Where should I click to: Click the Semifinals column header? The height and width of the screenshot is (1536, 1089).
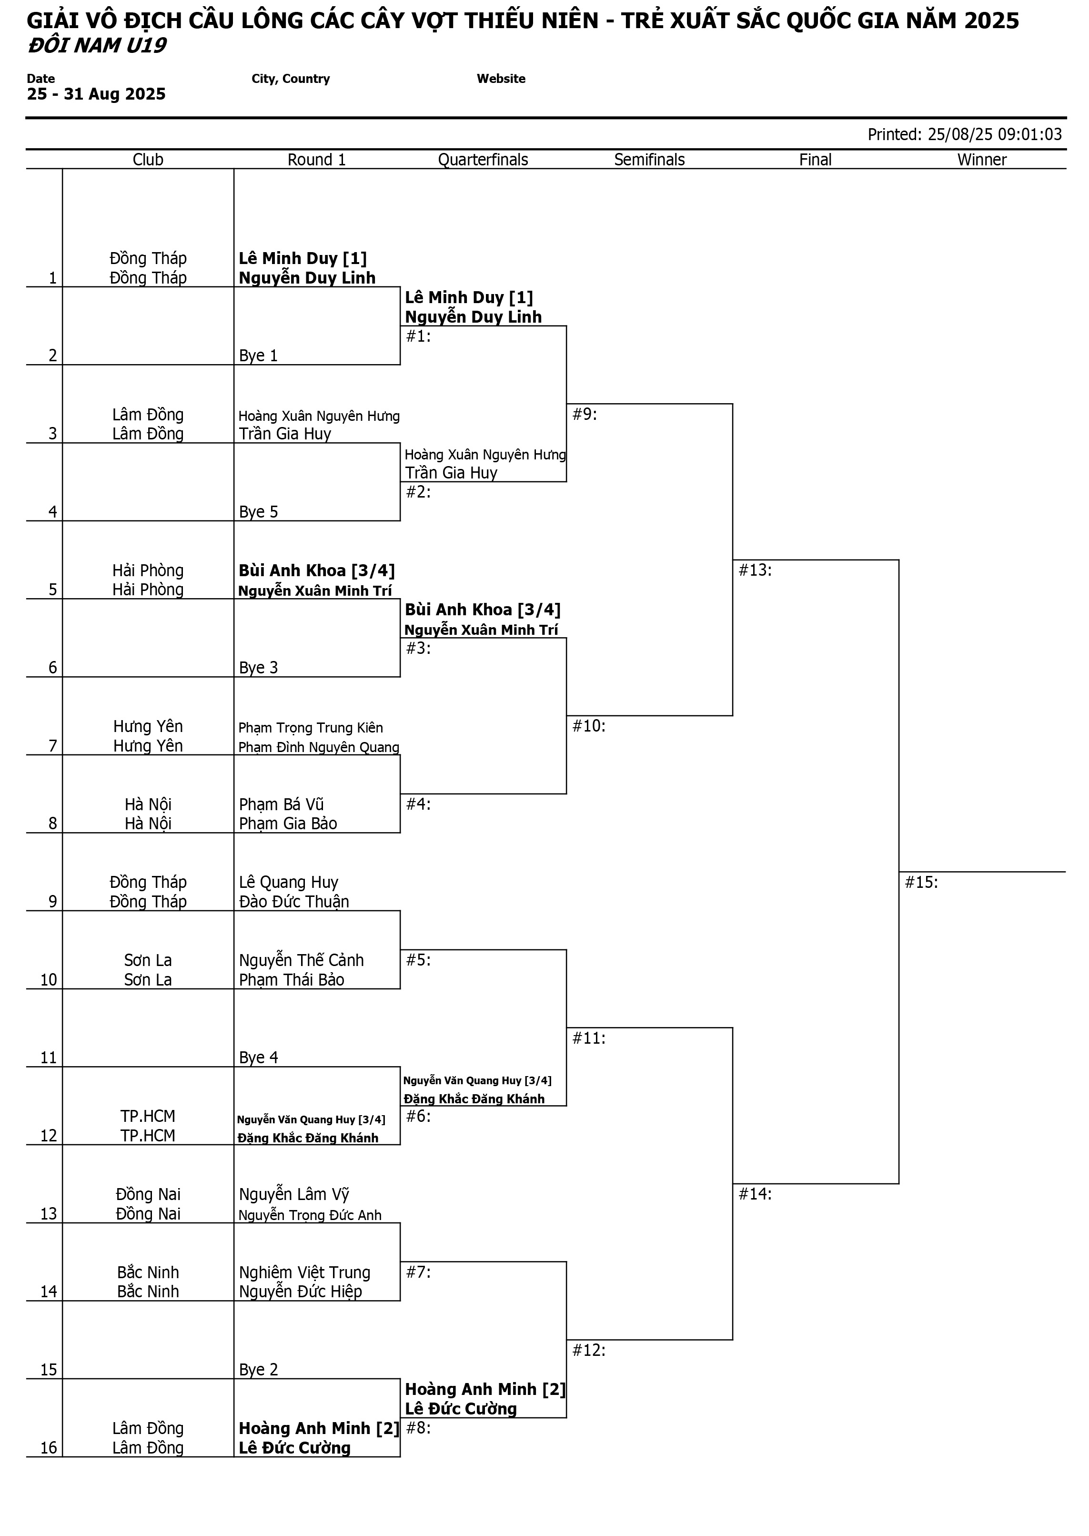649,160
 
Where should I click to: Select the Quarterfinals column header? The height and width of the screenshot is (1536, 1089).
483,160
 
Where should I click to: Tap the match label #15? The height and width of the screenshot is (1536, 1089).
921,882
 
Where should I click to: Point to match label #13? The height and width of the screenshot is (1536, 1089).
755,570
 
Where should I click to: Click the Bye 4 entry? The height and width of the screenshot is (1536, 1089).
258,1058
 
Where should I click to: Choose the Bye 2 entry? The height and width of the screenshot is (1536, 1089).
258,1370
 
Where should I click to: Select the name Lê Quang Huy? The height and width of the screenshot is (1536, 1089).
288,882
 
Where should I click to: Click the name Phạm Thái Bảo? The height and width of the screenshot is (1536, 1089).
292,979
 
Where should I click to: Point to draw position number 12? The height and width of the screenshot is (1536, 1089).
48,1136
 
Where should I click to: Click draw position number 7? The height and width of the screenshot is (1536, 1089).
52,746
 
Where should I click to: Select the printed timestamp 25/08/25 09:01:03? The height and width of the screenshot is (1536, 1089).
995,134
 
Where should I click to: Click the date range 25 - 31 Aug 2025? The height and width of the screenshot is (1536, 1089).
96,94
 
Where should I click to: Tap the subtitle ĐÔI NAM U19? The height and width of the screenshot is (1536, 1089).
97,46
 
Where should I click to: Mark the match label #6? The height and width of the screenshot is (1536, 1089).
418,1116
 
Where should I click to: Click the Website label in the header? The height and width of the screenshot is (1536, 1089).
501,79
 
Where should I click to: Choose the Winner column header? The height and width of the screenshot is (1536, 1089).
982,160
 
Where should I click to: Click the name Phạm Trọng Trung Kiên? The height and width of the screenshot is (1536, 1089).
311,728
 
